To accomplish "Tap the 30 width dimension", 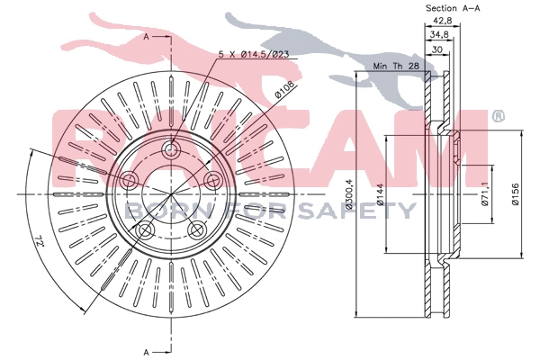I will pyautogui.click(x=436, y=50).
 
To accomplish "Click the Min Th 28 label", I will pyautogui.click(x=397, y=66).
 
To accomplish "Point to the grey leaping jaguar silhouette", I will pyautogui.click(x=315, y=54).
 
